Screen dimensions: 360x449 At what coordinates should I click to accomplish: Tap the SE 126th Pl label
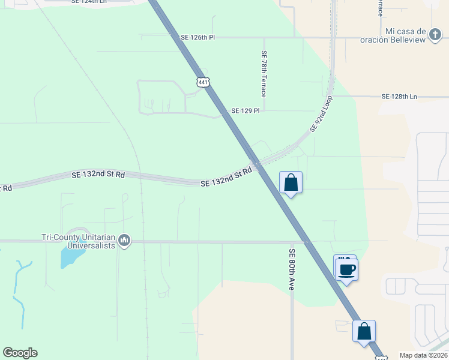click(197, 37)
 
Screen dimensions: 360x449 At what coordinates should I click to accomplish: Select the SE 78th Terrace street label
click(264, 74)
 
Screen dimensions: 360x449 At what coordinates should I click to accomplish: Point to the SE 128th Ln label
click(399, 96)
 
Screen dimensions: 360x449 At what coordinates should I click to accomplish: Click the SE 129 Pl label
click(246, 111)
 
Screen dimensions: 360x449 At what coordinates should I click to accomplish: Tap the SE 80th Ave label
click(292, 269)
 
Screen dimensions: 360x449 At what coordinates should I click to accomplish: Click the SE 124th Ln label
click(88, 2)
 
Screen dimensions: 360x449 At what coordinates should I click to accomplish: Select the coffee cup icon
click(347, 269)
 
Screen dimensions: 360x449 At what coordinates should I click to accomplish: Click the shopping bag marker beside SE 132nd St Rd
click(291, 182)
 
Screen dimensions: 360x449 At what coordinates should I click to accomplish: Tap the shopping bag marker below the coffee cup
click(364, 331)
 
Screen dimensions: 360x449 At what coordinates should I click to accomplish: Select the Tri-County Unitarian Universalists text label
click(78, 241)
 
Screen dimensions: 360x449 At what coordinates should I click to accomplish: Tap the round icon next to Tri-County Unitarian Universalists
click(124, 241)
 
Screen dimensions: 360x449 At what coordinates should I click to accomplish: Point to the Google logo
click(20, 353)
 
